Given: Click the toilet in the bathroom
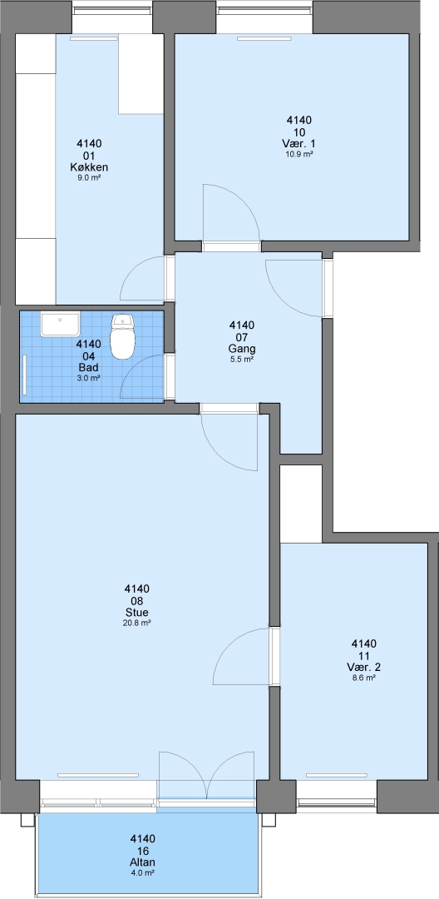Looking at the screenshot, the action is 122,336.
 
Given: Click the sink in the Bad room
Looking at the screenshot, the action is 60,325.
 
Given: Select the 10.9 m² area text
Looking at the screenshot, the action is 298,154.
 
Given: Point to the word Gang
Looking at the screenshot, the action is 241,349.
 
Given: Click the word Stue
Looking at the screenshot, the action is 136,613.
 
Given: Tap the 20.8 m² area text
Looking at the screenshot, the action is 136,623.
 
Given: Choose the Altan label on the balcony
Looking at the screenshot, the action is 142,862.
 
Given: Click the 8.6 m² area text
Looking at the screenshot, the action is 363,678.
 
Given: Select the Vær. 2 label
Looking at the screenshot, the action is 363,668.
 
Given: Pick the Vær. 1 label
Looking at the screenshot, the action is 298,143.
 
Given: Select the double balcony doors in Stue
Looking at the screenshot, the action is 207,774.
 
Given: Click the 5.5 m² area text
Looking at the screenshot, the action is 241,360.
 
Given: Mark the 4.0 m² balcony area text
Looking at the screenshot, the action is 142,873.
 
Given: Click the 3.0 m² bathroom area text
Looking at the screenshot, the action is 89,378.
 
